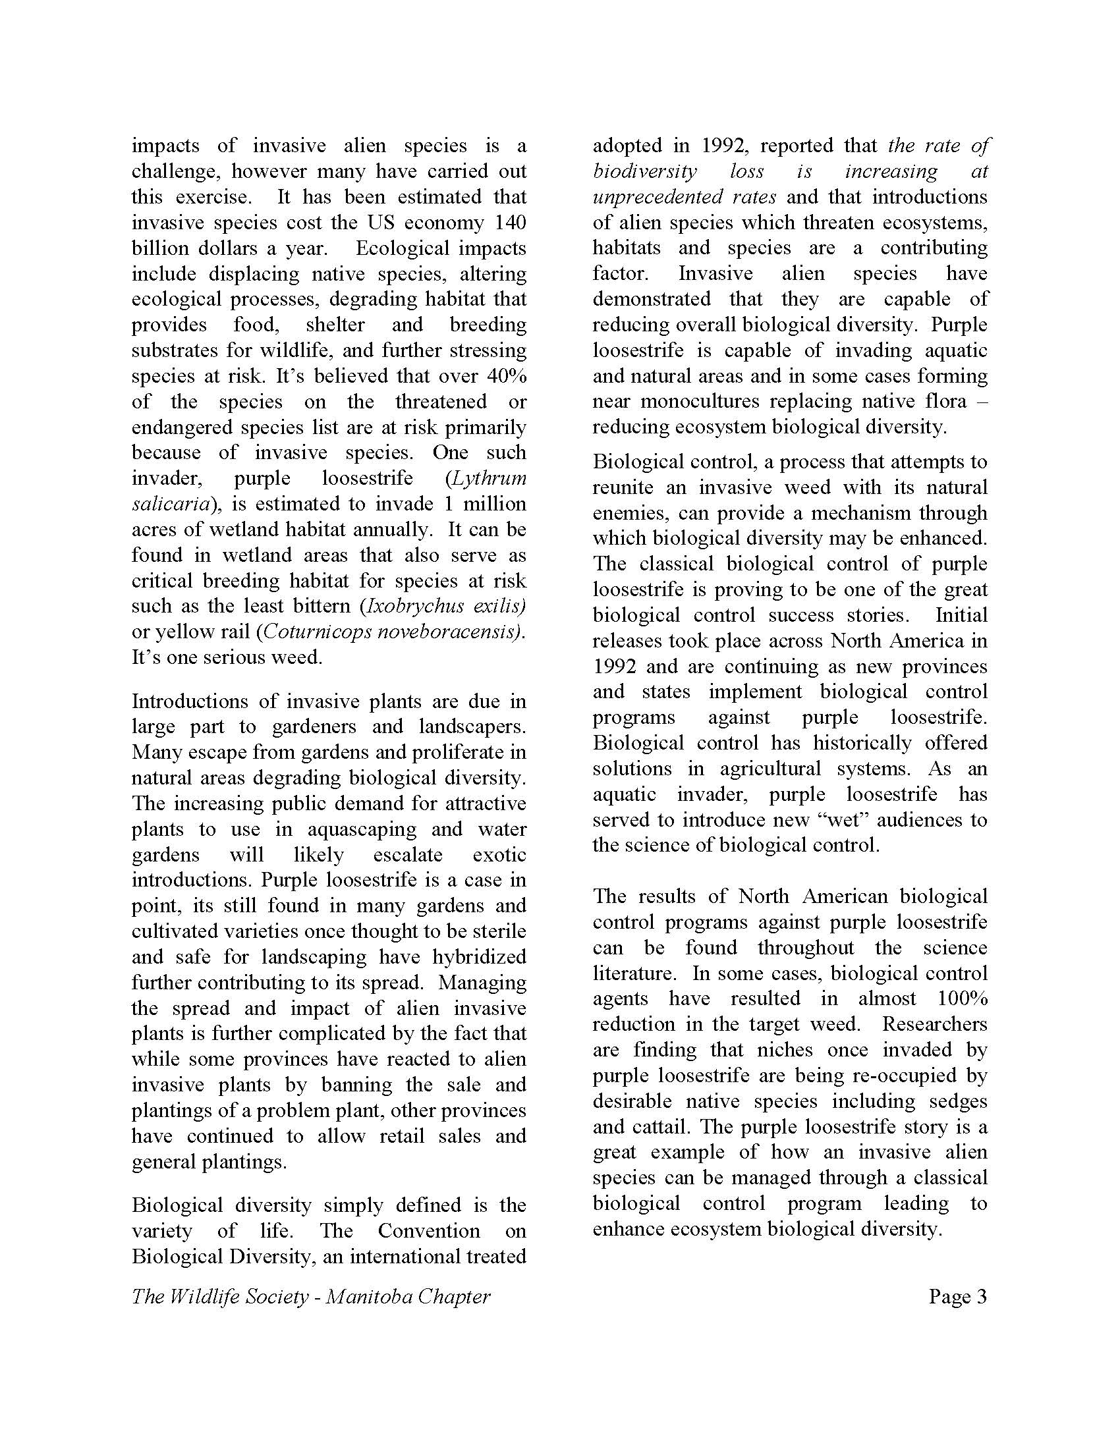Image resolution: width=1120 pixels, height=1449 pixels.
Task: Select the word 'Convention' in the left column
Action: pos(429,1232)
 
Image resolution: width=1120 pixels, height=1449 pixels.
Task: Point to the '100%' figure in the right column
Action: pos(963,998)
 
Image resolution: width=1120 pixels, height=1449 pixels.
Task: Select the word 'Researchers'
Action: pos(934,1024)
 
